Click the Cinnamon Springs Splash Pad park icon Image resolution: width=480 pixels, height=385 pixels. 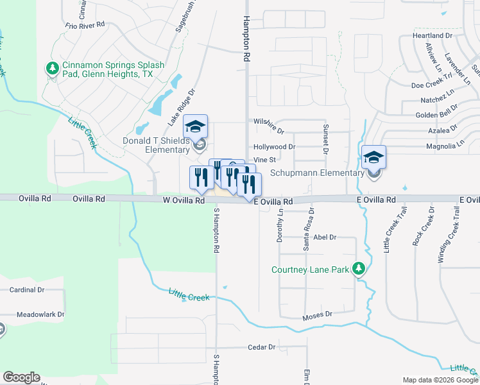pyautogui.click(x=51, y=67)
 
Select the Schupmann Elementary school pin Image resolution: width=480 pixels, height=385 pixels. pyautogui.click(x=373, y=158)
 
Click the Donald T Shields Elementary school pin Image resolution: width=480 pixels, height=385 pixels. pyautogui.click(x=196, y=126)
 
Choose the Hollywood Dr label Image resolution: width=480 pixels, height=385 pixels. pyautogui.click(x=274, y=147)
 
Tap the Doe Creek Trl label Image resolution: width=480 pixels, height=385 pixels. pyautogui.click(x=432, y=85)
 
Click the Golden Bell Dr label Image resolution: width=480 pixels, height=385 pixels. pyautogui.click(x=437, y=115)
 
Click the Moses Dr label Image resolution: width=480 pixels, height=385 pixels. pyautogui.click(x=318, y=314)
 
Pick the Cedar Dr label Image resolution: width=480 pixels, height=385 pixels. pyautogui.click(x=262, y=347)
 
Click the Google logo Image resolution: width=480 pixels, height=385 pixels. pyautogui.click(x=21, y=377)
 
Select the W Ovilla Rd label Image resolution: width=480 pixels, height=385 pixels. pyautogui.click(x=183, y=200)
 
